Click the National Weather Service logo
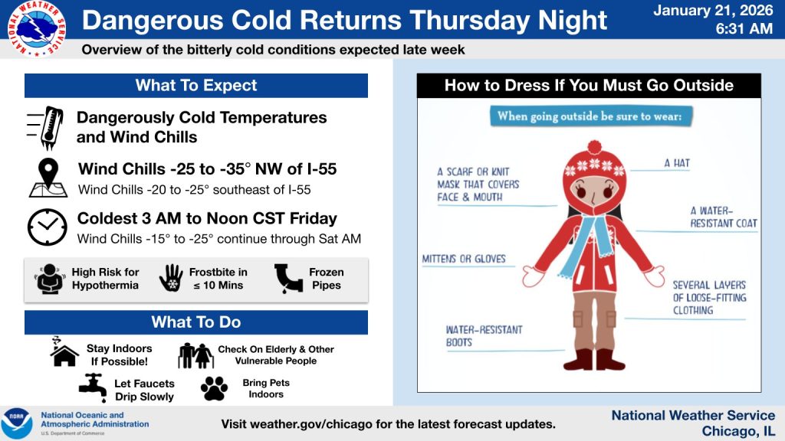tap(37, 28)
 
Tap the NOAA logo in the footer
tap(16, 423)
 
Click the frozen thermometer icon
tap(45, 128)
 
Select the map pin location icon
tap(48, 178)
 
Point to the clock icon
tap(47, 227)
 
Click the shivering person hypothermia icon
tap(50, 279)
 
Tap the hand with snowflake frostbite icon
tap(171, 278)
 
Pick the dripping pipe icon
tap(289, 279)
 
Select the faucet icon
tap(93, 388)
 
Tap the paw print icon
tap(215, 388)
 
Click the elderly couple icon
tap(195, 355)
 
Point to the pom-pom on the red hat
tap(594, 148)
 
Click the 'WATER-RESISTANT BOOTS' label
tap(484, 336)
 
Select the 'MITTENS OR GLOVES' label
tap(464, 259)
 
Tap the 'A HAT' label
tap(677, 163)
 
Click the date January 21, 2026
tap(713, 11)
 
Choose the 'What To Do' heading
tap(196, 322)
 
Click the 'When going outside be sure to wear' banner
tap(591, 116)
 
